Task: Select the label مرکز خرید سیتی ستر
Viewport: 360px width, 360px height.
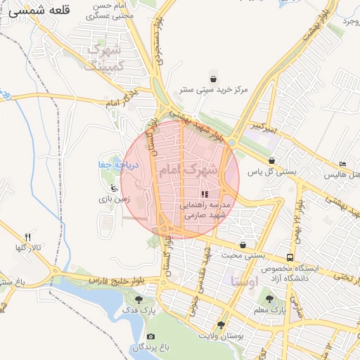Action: click(214, 90)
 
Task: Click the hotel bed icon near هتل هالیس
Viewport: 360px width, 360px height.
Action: click(342, 163)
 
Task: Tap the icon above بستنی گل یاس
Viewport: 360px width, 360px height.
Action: click(272, 160)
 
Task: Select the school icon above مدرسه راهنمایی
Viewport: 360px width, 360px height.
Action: click(205, 194)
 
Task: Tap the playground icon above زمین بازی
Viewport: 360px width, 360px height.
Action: click(113, 188)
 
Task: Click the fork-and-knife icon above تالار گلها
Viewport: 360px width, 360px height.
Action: click(28, 237)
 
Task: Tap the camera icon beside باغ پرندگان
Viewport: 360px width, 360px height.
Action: click(150, 337)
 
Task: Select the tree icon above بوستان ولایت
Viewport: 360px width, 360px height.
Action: click(222, 324)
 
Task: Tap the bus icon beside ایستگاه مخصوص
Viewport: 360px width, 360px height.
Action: click(290, 257)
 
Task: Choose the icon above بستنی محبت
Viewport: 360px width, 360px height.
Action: click(243, 245)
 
